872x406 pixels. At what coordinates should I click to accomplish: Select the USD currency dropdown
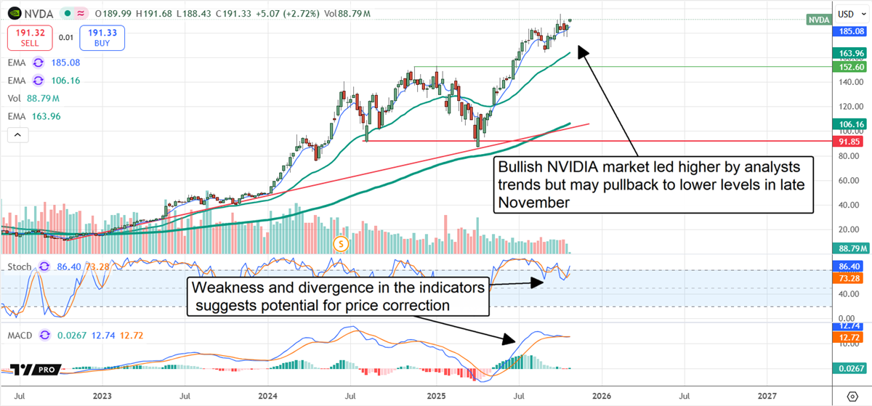[848, 14]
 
